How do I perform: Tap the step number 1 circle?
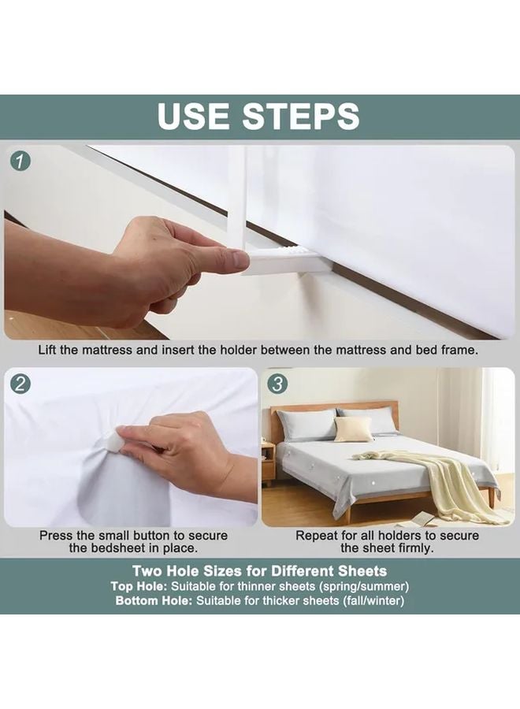pos(21,161)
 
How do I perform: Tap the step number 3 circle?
pos(278,384)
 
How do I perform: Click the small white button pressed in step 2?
pos(126,438)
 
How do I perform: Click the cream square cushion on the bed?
pos(347,429)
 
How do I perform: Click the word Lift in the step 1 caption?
pos(52,349)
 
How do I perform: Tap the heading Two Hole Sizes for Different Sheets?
pos(260,570)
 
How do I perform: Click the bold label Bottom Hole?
pos(154,601)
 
